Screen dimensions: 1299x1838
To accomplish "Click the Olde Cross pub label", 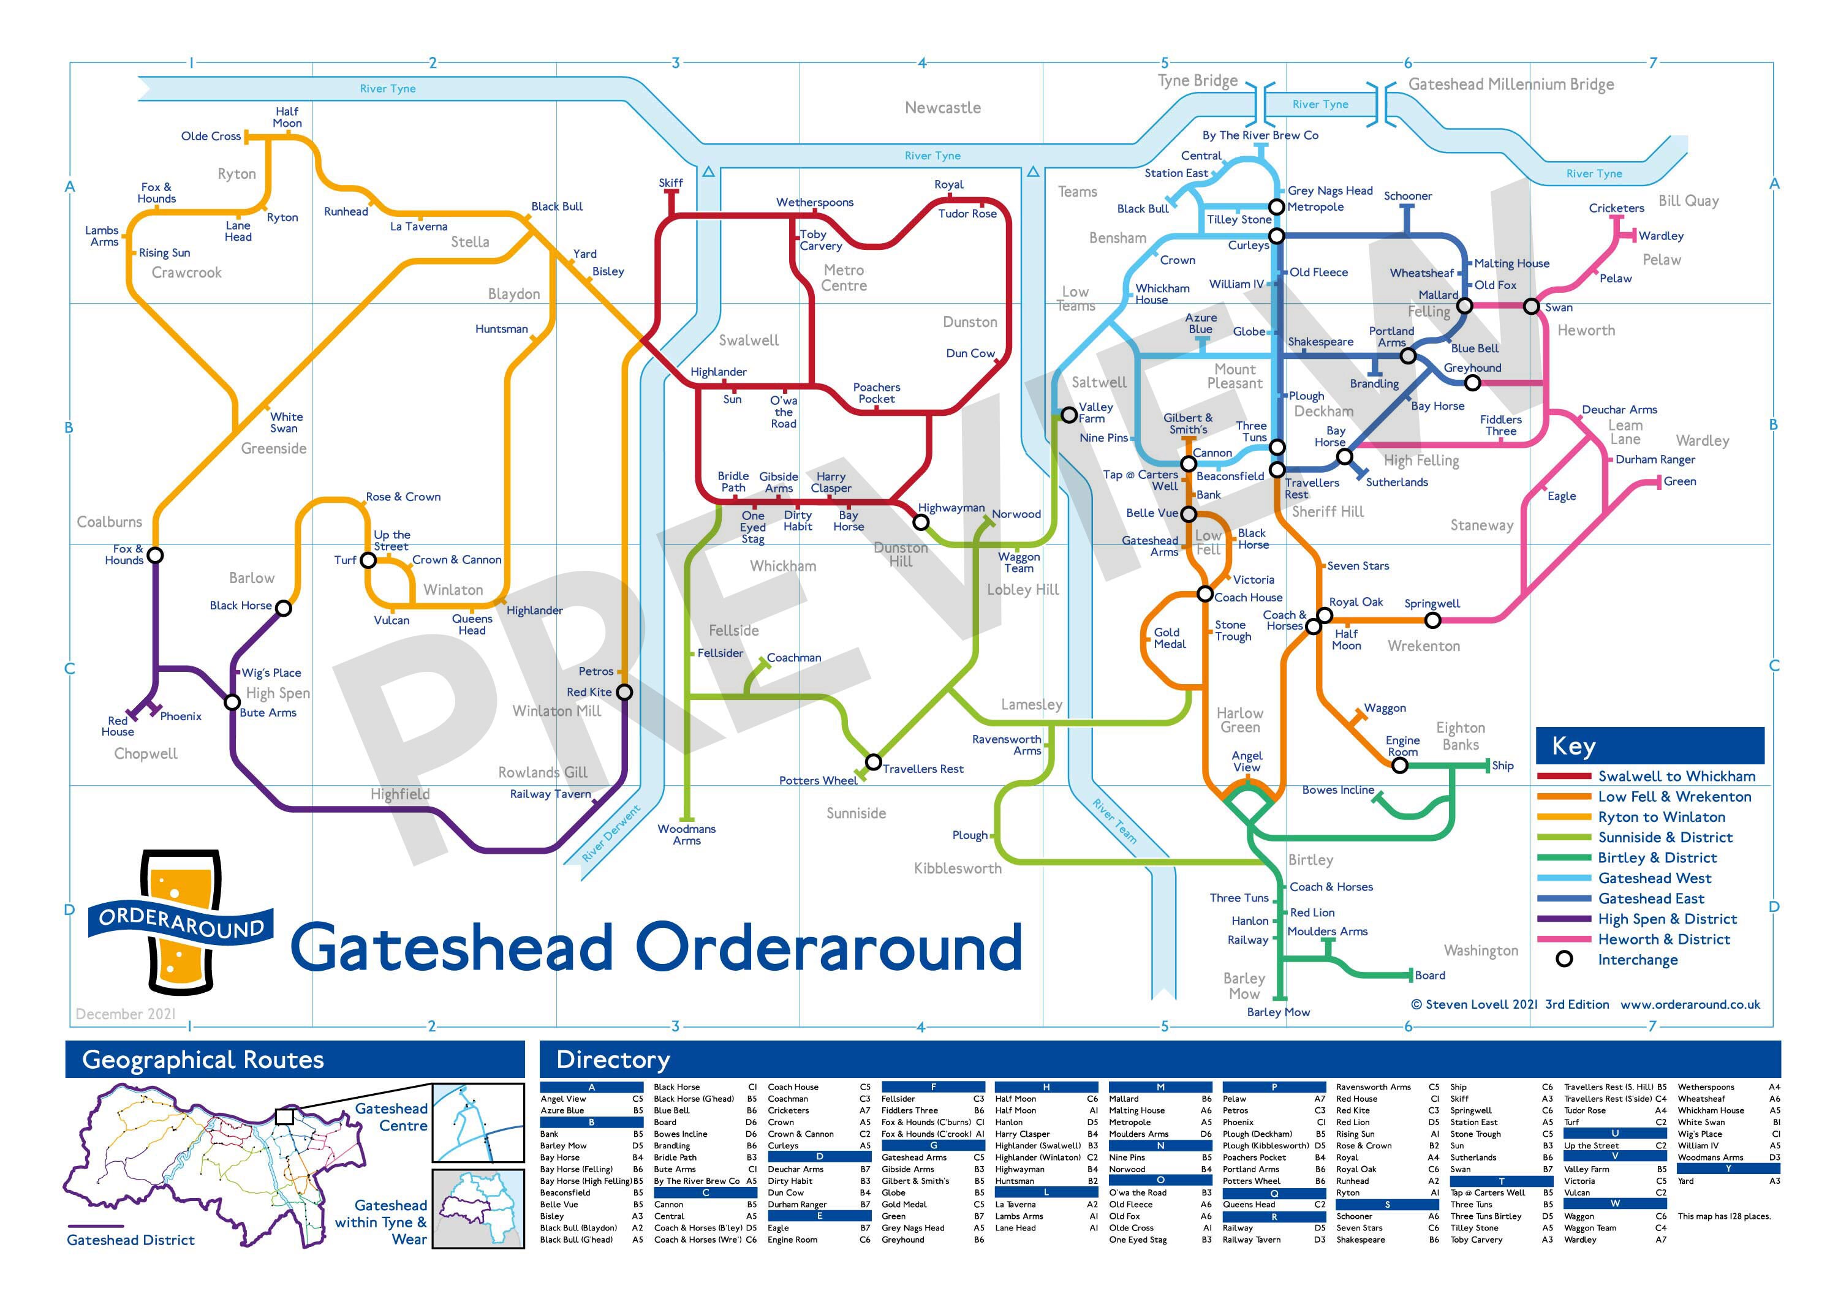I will tap(211, 136).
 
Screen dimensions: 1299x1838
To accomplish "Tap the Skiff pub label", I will tap(671, 183).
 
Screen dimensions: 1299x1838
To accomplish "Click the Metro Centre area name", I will tap(844, 277).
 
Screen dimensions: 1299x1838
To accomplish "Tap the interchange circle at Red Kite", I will tap(624, 692).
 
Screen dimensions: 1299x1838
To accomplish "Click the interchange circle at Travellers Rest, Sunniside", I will tap(874, 761).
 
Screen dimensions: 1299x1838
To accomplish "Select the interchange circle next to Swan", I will tap(1530, 307).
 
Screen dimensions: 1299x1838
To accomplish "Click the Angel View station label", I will tap(1246, 761).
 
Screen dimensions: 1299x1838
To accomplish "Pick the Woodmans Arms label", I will tap(686, 835).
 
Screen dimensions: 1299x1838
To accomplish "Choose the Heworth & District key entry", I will tap(1663, 939).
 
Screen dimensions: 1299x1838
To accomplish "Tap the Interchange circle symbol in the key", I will tap(1564, 959).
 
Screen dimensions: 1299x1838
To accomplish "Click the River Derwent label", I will tap(611, 834).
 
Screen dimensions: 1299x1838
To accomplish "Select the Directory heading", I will tap(613, 1060).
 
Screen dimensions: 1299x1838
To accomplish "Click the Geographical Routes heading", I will tap(203, 1060).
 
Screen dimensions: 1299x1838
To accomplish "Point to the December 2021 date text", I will tap(126, 1014).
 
